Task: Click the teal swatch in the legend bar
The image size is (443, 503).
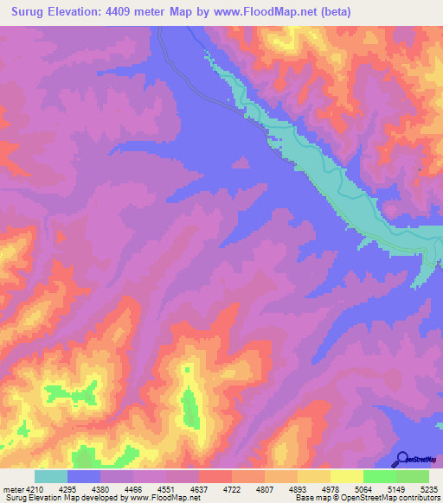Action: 51,476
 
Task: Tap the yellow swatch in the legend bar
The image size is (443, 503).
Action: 346,476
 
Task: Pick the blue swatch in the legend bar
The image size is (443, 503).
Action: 84,476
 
